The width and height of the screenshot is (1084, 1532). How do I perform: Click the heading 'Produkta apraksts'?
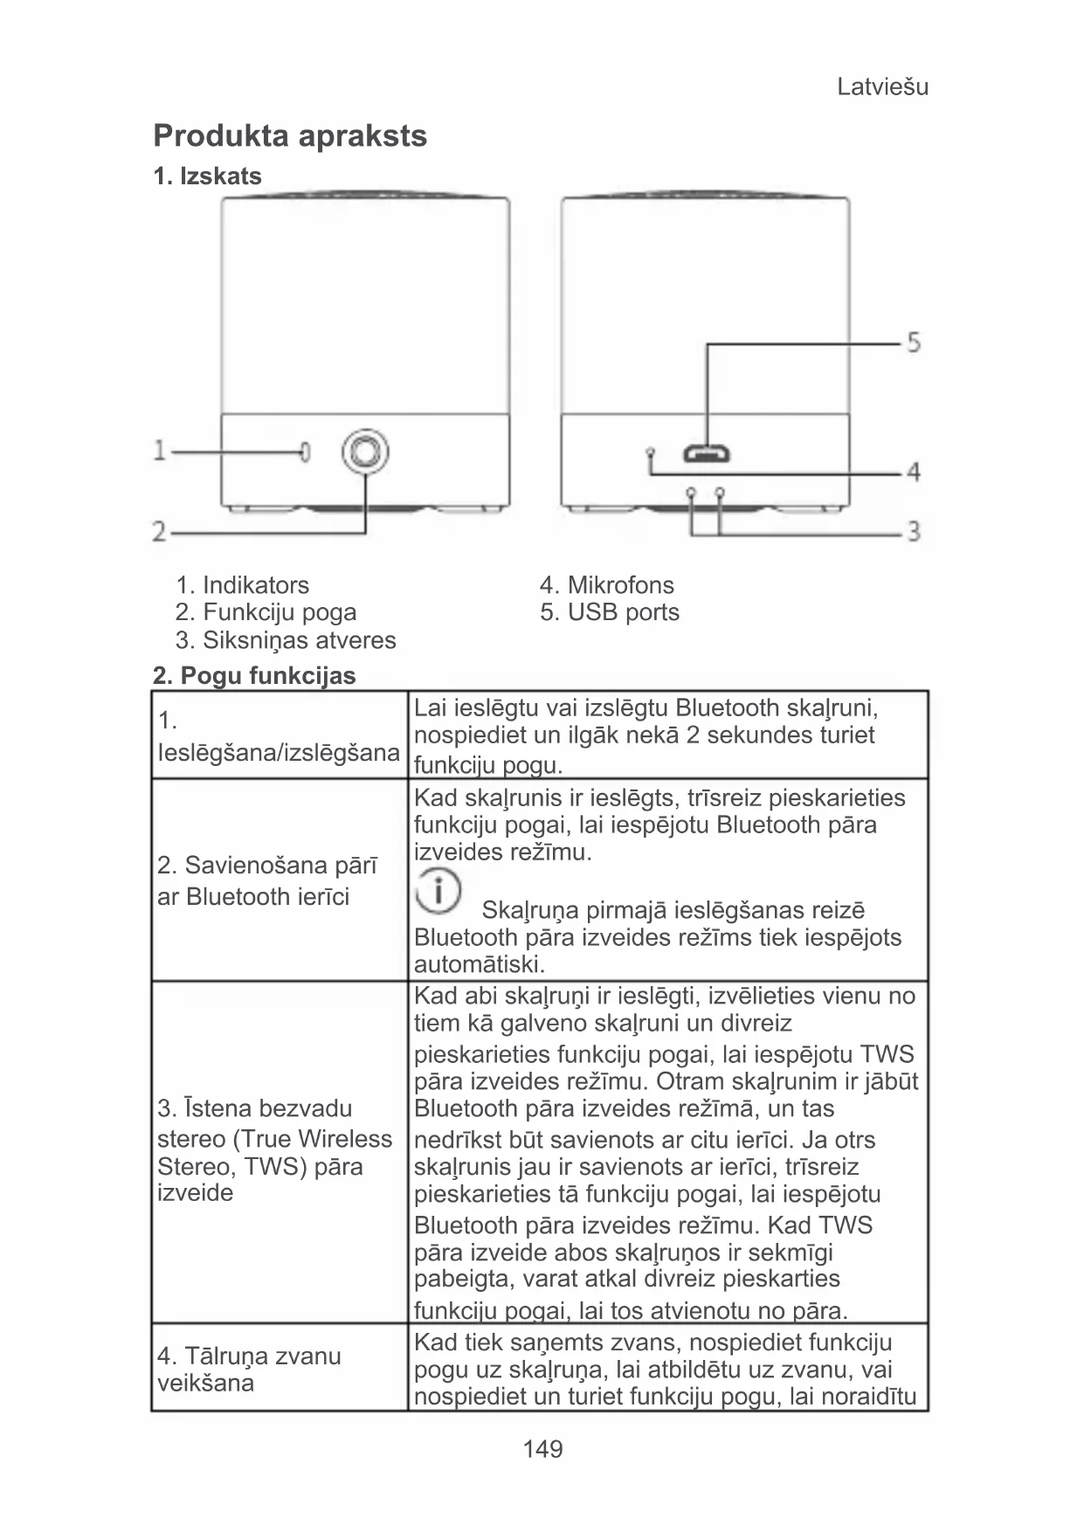[x=290, y=136]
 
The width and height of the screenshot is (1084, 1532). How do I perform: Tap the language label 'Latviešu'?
[x=882, y=87]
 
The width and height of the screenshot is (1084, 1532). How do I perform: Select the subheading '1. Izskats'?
[x=207, y=176]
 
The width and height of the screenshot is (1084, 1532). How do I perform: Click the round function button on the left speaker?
[x=365, y=452]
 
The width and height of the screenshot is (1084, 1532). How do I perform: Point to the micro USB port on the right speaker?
[x=707, y=454]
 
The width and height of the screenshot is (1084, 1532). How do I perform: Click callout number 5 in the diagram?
[x=913, y=342]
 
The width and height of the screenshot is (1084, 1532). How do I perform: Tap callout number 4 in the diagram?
[x=913, y=473]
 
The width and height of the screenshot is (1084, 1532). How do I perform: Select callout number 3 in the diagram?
[x=913, y=530]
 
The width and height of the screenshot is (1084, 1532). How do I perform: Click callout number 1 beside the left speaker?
[x=160, y=451]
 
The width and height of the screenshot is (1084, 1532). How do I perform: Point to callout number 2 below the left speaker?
[x=160, y=530]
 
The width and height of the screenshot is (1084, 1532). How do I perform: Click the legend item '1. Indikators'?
[x=242, y=585]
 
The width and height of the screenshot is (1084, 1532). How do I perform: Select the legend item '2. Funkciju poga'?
[x=266, y=612]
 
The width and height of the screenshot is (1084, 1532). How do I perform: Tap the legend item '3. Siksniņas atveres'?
[x=286, y=640]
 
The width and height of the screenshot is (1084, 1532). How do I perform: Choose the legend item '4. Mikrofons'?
[x=607, y=585]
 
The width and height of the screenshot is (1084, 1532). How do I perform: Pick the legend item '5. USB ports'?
[x=610, y=612]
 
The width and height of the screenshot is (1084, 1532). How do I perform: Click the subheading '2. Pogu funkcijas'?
[x=254, y=676]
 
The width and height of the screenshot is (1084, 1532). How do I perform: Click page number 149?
[x=542, y=1450]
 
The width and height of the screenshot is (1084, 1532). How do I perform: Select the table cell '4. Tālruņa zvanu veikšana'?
[x=249, y=1369]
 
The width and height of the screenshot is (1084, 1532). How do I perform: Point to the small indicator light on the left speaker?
[x=305, y=452]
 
